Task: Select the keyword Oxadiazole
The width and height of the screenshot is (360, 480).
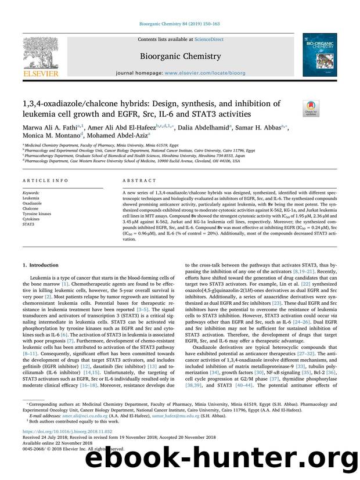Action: pos(33,203)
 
